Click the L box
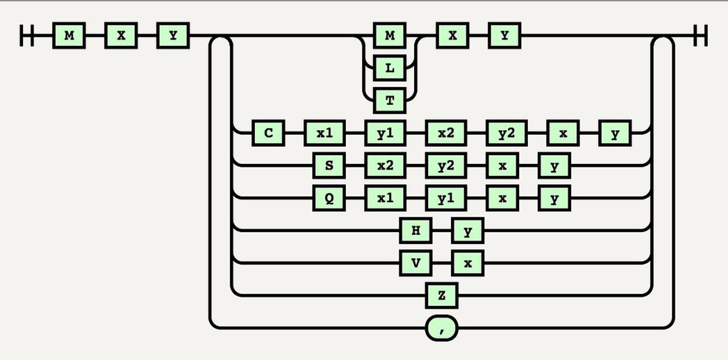tap(390, 68)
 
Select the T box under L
tap(390, 101)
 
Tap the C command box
tap(268, 133)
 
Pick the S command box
tap(329, 165)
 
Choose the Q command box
tap(329, 198)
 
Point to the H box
tap(416, 230)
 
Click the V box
tap(416, 263)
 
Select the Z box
tap(441, 295)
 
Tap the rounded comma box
tap(441, 328)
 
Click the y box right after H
tap(468, 230)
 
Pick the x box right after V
tap(468, 263)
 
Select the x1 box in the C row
tap(324, 133)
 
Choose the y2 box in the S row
tap(446, 165)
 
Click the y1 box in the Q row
tap(446, 198)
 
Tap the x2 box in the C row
tap(446, 133)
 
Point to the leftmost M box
tap(69, 35)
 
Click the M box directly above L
tap(390, 35)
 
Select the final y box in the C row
tap(615, 133)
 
